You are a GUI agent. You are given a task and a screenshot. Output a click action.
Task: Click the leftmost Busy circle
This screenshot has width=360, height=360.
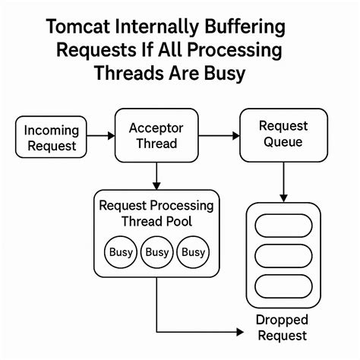[121, 252]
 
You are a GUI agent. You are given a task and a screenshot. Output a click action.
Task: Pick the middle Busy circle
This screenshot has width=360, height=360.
[157, 252]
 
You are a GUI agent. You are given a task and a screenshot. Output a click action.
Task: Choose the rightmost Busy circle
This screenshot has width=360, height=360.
[193, 252]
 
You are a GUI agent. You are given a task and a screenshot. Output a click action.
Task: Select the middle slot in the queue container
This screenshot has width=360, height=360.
[283, 257]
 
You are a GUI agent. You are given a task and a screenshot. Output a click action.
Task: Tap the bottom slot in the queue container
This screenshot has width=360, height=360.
[283, 286]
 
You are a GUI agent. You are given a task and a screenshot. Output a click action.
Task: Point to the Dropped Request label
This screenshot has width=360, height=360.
[281, 327]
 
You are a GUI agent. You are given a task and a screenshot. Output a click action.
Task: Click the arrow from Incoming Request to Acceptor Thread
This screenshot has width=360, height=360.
[102, 136]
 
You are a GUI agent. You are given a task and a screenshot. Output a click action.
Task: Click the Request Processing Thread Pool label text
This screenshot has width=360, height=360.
[156, 213]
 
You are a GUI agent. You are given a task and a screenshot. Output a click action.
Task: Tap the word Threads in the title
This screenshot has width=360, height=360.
[126, 74]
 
